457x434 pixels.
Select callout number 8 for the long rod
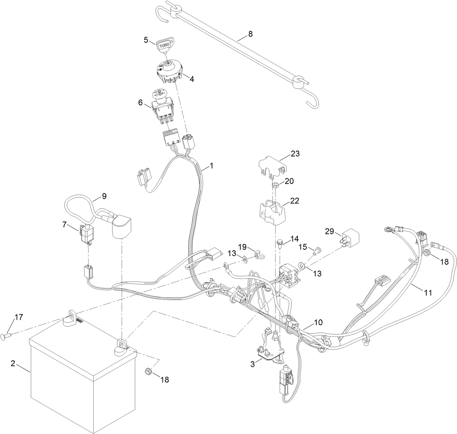[250, 34]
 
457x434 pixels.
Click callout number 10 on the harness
[318, 322]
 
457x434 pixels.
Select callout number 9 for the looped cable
[104, 196]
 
